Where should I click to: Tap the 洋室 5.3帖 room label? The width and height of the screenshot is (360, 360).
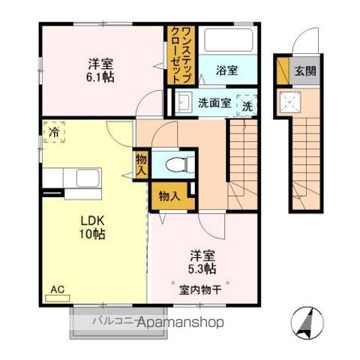click(202, 261)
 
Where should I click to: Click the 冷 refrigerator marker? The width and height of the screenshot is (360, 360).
click(54, 132)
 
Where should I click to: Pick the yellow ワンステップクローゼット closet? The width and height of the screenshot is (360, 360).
click(177, 52)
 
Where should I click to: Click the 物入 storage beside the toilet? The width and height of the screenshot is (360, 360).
click(141, 163)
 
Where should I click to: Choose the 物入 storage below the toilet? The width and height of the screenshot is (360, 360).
click(169, 196)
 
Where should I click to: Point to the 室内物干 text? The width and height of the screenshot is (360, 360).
click(199, 289)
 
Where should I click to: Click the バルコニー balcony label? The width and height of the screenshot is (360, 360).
click(112, 321)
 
